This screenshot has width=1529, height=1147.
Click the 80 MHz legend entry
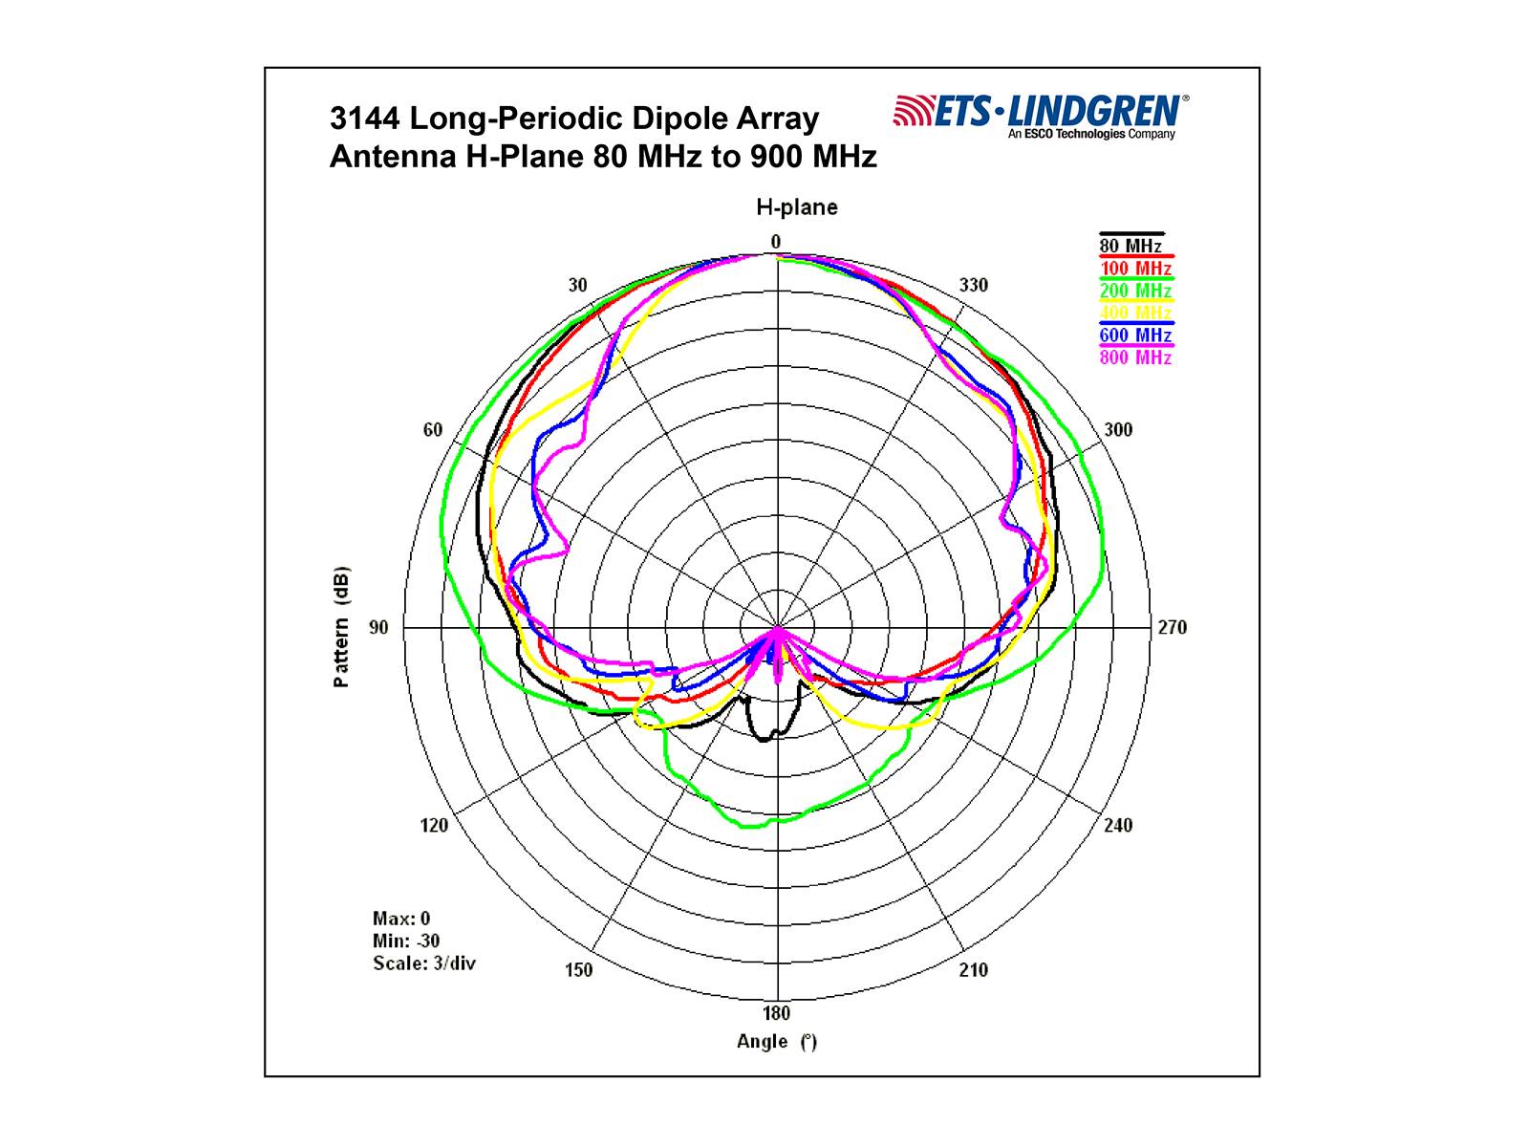[1130, 247]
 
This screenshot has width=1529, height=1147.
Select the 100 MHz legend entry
[1135, 269]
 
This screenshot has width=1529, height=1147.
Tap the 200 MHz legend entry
[1135, 291]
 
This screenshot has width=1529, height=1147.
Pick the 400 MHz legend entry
[1135, 313]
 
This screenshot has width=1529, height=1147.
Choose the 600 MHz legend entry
[1135, 335]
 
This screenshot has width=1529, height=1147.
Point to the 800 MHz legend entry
[1135, 357]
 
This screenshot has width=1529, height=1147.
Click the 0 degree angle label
[776, 242]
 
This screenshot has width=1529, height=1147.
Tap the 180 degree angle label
[776, 1013]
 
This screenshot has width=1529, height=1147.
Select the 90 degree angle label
[379, 628]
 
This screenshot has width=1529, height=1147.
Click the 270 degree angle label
[1172, 628]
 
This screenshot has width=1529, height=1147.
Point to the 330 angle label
[974, 285]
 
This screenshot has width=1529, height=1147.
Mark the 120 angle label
[434, 826]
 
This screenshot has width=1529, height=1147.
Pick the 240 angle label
[1118, 826]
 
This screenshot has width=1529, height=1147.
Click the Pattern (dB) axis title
[341, 628]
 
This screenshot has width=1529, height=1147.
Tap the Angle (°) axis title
[776, 1042]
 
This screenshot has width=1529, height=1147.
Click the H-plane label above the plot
[796, 207]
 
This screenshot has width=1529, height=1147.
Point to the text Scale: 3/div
[424, 963]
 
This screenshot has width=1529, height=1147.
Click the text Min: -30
[406, 941]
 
